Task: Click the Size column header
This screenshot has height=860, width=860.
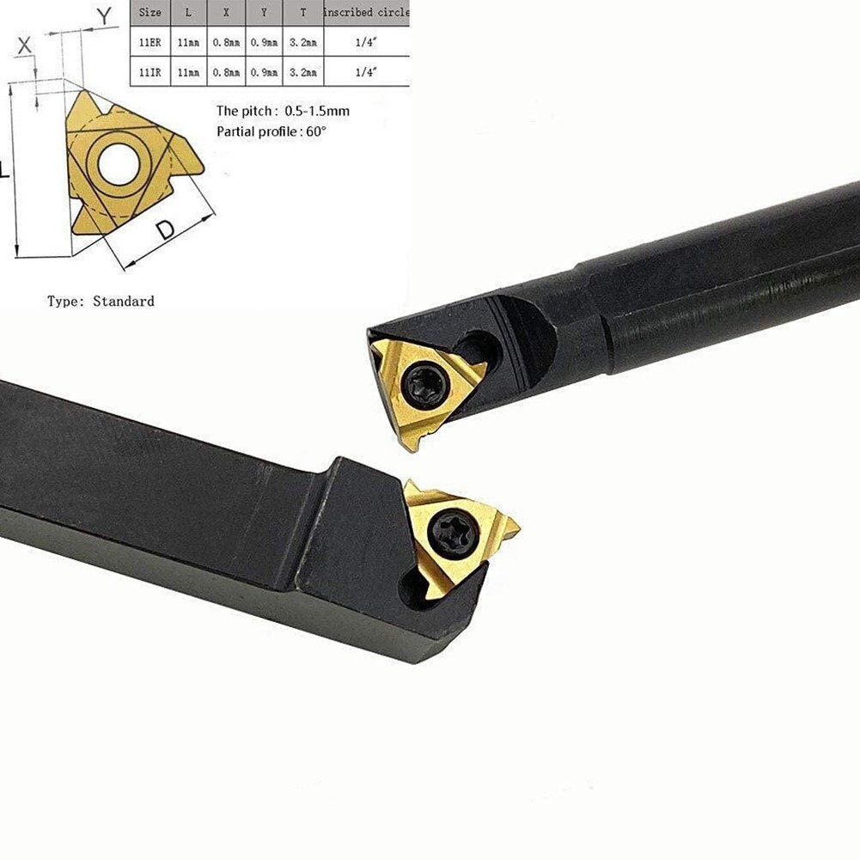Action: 149,13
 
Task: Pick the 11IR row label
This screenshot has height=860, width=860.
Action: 149,73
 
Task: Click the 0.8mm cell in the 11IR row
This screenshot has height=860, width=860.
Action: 226,73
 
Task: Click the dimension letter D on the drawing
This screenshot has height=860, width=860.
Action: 166,230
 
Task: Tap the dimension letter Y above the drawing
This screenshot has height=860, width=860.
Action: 104,15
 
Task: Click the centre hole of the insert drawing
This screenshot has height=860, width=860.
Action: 118,165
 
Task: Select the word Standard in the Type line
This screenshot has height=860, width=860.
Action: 124,302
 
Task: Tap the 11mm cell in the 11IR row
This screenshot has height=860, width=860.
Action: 188,73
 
